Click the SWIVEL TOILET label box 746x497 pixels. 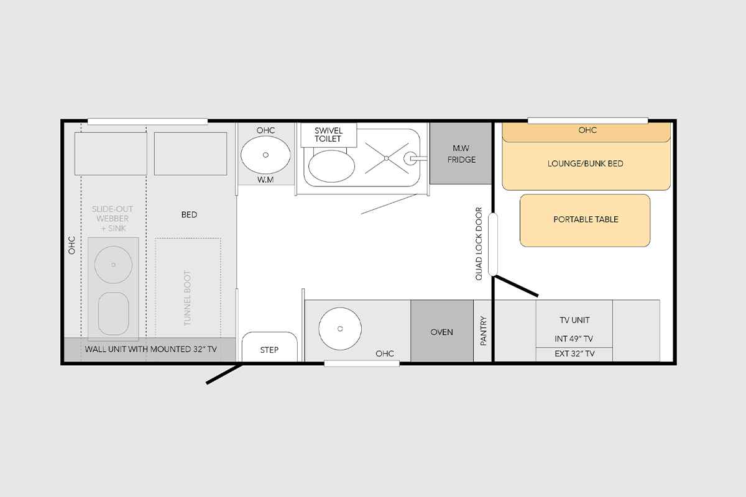pos(329,135)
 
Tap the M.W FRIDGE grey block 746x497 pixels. pos(461,153)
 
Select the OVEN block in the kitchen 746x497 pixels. pos(442,331)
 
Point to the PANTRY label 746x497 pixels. pos(484,331)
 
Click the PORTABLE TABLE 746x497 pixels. pos(585,221)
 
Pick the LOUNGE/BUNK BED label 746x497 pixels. pos(586,164)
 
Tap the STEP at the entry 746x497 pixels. pos(269,347)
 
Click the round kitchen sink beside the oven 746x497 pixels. pos(340,329)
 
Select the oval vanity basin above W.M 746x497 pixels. pos(265,155)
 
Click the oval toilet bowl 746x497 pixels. pos(332,166)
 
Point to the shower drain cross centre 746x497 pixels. pos(386,158)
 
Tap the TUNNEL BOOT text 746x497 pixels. pos(187,298)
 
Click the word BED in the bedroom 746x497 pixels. pos(189,215)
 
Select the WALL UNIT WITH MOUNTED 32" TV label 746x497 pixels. pos(151,349)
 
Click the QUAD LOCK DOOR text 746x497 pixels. pos(479,244)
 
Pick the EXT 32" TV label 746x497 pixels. pos(574,353)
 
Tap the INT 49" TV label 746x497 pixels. pos(574,339)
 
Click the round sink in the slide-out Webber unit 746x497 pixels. pos(113,265)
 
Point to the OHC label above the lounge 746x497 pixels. pos(587,130)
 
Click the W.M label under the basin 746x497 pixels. pos(265,180)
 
